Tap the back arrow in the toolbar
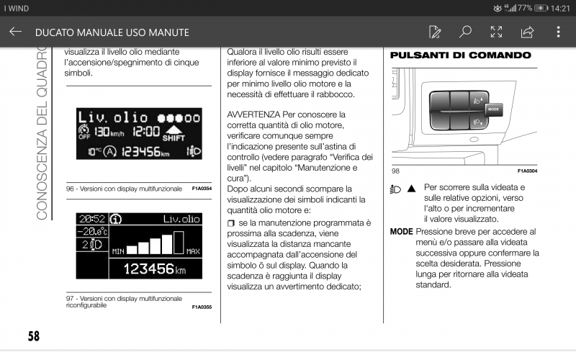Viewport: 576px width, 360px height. [16, 32]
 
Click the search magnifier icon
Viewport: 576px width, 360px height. [465, 32]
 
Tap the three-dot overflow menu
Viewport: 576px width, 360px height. [558, 32]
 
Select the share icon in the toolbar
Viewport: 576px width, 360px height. [527, 32]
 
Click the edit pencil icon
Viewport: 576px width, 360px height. [435, 32]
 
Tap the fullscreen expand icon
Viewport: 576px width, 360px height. [496, 32]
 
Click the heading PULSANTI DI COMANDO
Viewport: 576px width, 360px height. [460, 55]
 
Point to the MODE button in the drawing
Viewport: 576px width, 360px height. [493, 109]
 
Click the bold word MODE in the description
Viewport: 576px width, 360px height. [401, 232]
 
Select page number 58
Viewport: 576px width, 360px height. [34, 336]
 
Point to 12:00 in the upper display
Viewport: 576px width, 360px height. [146, 133]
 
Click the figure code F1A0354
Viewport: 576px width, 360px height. [202, 189]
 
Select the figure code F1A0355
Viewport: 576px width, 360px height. [202, 307]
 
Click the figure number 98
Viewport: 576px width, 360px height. [396, 171]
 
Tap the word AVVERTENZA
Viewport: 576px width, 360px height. [253, 115]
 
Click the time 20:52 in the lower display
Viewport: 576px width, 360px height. [91, 219]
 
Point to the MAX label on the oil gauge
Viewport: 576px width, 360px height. [193, 251]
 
